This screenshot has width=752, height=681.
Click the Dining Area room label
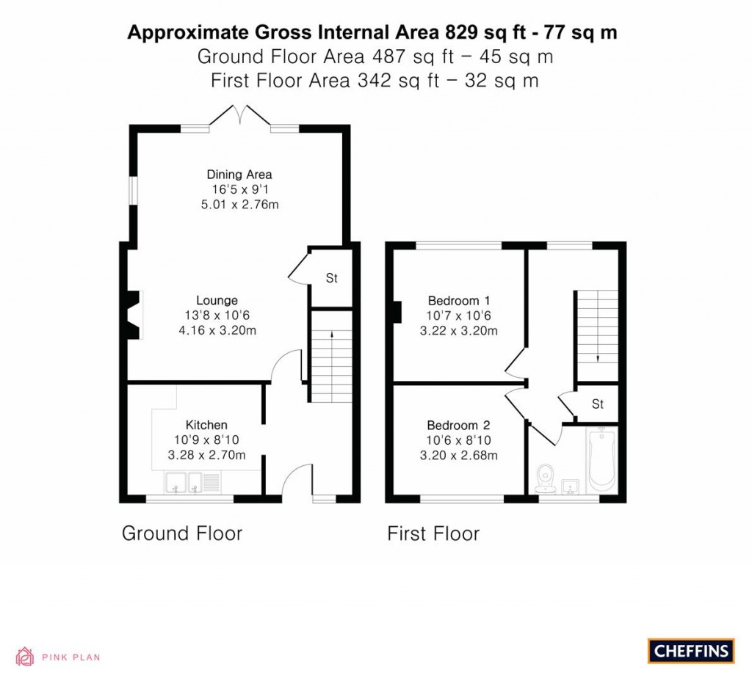pyautogui.click(x=239, y=175)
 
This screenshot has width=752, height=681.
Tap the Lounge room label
pyautogui.click(x=217, y=300)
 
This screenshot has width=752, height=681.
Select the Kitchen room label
pyautogui.click(x=206, y=425)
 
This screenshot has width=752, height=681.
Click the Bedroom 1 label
pyautogui.click(x=459, y=300)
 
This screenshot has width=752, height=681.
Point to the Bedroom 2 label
pyautogui.click(x=459, y=425)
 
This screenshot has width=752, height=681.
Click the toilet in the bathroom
pyautogui.click(x=545, y=478)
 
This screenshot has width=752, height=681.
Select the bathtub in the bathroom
pyautogui.click(x=601, y=461)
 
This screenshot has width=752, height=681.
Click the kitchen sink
pyautogui.click(x=184, y=482)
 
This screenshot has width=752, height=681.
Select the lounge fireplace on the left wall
pyautogui.click(x=133, y=315)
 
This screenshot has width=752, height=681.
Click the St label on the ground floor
pyautogui.click(x=331, y=278)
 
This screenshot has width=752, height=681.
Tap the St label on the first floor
pyautogui.click(x=598, y=404)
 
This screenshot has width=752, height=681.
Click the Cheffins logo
pyautogui.click(x=690, y=650)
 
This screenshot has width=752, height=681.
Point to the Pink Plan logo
pyautogui.click(x=58, y=656)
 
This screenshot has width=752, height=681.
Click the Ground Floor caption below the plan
pyautogui.click(x=181, y=533)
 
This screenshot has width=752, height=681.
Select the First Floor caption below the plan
pyautogui.click(x=433, y=533)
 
